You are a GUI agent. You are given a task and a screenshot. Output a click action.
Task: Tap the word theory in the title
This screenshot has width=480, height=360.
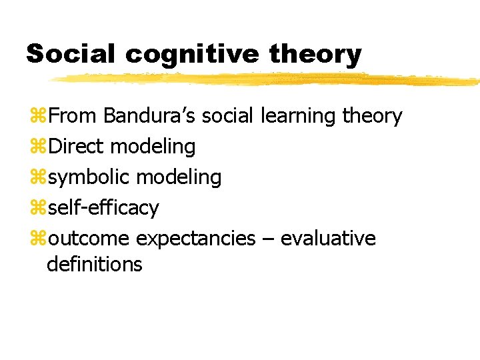tap(316, 55)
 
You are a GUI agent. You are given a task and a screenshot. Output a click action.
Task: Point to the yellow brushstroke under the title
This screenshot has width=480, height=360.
tap(267, 79)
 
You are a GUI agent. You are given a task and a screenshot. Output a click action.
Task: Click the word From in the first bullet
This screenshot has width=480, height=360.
tap(73, 116)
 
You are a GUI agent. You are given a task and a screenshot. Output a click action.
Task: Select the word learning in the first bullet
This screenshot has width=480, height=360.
tap(298, 116)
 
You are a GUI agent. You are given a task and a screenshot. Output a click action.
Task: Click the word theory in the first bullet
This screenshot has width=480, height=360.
tap(372, 116)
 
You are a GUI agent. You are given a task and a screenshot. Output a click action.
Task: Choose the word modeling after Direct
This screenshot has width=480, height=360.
tap(153, 147)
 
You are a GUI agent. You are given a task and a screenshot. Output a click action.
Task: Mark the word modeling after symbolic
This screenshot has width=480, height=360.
tap(179, 177)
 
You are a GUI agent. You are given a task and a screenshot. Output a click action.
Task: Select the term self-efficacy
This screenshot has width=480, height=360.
tap(103, 208)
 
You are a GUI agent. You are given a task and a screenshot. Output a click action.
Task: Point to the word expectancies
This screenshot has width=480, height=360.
tap(195, 239)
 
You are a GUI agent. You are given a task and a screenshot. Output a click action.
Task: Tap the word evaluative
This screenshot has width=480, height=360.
tap(328, 239)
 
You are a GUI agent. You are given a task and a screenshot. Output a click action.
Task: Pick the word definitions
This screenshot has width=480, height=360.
tap(95, 264)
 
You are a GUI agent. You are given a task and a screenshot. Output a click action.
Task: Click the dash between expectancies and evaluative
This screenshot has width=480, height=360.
tap(268, 239)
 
